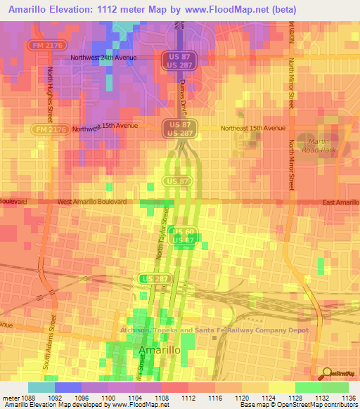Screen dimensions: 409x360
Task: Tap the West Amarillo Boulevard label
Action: pyautogui.click(x=91, y=202)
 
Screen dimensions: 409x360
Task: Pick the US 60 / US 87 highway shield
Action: pyautogui.click(x=184, y=236)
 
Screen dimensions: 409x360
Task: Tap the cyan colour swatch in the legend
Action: pyautogui.click(x=41, y=387)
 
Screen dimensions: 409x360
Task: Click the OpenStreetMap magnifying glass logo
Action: pyautogui.click(x=327, y=372)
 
